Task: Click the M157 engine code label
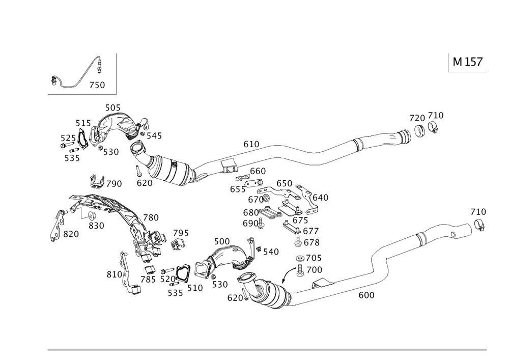click(x=467, y=62)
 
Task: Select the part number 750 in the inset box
click(x=97, y=86)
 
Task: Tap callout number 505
click(x=112, y=107)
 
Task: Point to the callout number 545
click(x=153, y=136)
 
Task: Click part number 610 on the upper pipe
click(x=251, y=145)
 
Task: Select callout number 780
click(x=151, y=217)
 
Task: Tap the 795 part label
click(x=181, y=233)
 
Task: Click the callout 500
click(x=221, y=240)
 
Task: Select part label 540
click(x=270, y=251)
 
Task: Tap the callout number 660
click(x=258, y=171)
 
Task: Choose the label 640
click(x=321, y=197)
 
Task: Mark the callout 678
click(x=311, y=243)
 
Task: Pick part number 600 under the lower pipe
click(x=366, y=295)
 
